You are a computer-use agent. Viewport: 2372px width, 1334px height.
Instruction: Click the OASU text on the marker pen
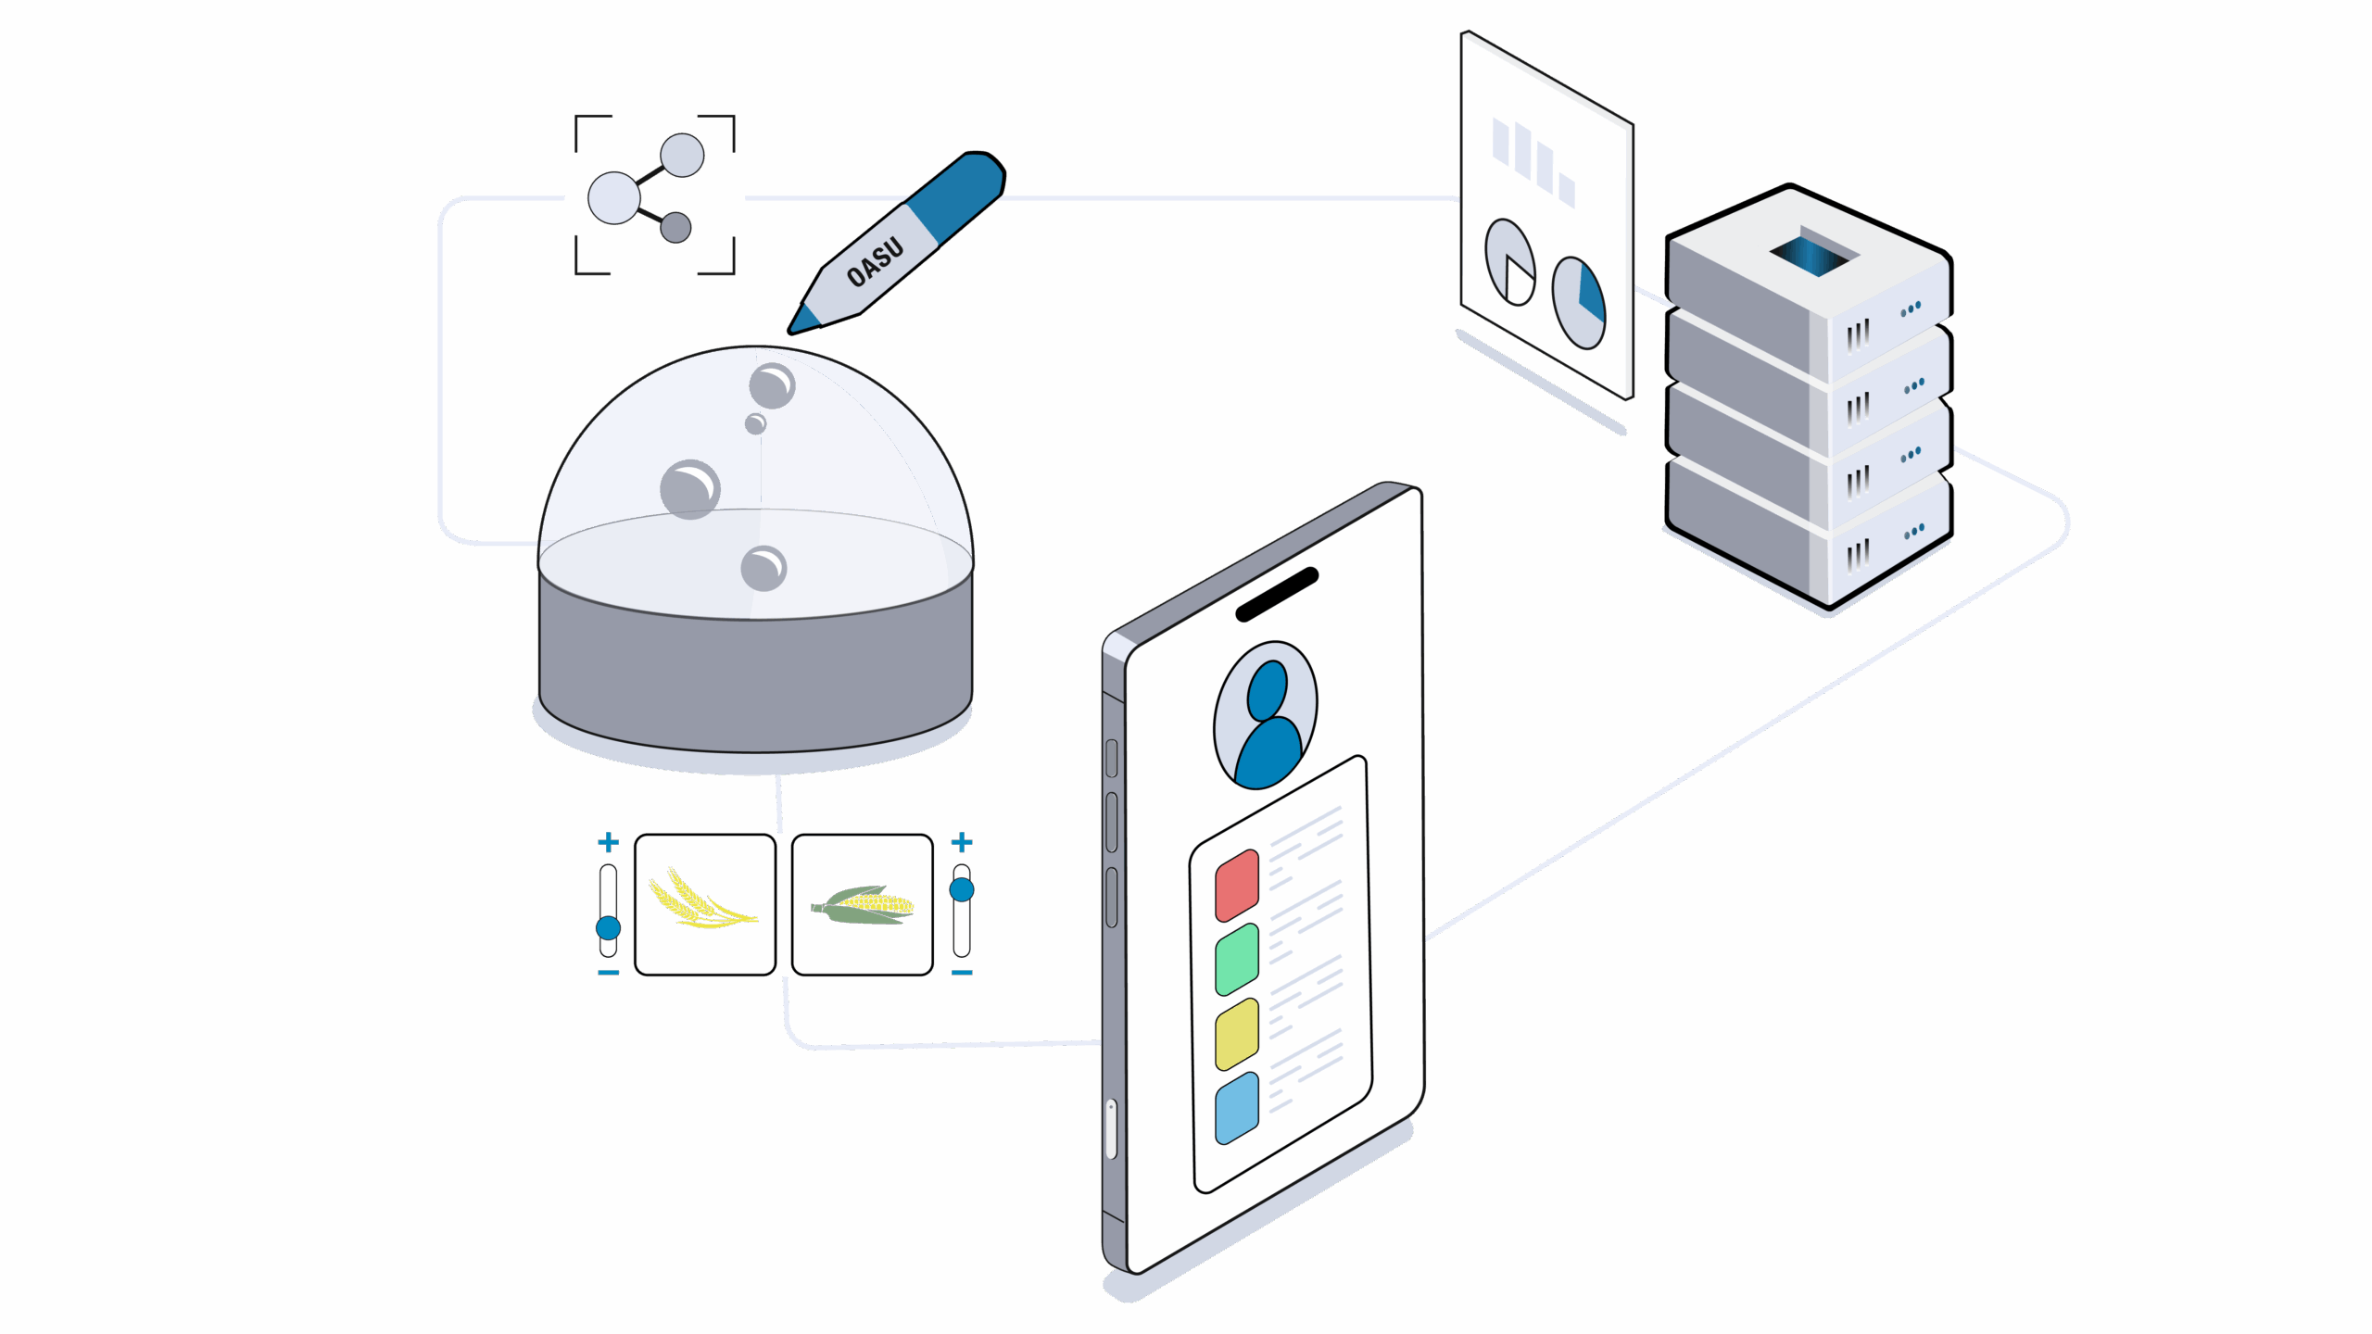875,262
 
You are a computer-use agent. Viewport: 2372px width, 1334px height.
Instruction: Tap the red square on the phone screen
1237,886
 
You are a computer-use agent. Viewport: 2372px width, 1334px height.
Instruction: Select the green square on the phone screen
1237,960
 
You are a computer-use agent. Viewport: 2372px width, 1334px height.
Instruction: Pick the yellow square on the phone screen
1237,1034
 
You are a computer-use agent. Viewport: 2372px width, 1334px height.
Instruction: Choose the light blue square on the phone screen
1237,1108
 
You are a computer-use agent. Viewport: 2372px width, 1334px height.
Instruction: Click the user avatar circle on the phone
1266,714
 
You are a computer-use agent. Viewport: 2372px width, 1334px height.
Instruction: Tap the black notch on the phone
1277,594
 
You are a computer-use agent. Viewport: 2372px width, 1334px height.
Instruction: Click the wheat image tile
705,904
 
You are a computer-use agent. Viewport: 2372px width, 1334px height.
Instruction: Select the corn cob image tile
863,904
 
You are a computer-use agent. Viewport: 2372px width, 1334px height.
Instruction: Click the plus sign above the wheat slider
608,842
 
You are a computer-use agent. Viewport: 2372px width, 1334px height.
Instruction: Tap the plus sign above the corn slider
962,842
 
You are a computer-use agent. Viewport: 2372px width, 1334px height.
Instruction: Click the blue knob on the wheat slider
608,927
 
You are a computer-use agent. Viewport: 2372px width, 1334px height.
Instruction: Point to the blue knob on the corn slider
962,890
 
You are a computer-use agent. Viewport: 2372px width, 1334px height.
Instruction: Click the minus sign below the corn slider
962,973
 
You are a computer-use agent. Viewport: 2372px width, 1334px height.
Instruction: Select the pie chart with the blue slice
1579,303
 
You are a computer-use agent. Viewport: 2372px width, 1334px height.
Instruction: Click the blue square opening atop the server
1812,254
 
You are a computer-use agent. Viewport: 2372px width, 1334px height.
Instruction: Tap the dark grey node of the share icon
675,227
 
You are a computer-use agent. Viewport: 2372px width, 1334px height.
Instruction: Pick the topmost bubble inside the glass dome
772,385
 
